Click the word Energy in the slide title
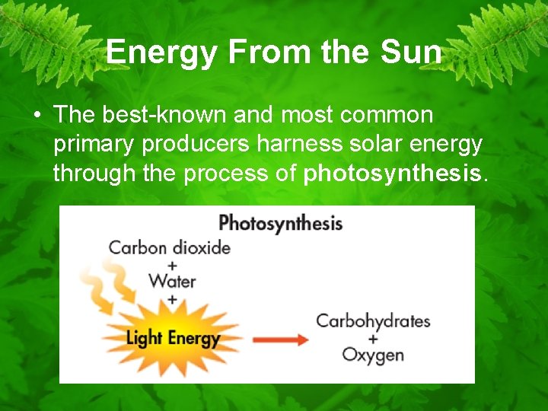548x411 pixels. coord(157,53)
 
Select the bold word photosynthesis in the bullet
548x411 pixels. coord(393,174)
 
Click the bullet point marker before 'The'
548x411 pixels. coord(36,116)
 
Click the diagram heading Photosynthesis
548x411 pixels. coord(280,223)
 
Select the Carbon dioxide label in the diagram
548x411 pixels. coord(169,247)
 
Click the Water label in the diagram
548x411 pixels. coord(172,281)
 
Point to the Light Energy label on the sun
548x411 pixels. coord(173,338)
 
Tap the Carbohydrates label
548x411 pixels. coord(373,321)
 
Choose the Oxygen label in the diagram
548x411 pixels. coord(373,355)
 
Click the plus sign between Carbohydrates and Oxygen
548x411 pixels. coord(373,338)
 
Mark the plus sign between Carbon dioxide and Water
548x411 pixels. coord(172,265)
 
